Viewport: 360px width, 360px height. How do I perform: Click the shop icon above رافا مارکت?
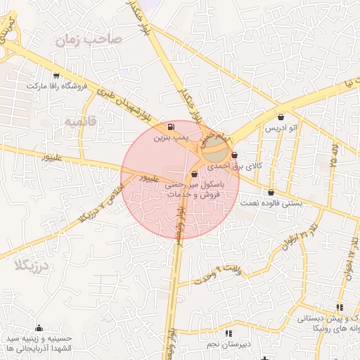click(56, 75)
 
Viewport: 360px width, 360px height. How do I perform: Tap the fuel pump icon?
click(172, 127)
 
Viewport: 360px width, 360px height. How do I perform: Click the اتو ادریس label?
click(281, 129)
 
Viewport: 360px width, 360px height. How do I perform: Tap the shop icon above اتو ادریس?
click(282, 117)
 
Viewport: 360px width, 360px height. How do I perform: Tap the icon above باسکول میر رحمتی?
click(195, 174)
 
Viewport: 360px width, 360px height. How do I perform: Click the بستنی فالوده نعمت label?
click(271, 203)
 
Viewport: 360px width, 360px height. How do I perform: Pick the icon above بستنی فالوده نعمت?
click(271, 192)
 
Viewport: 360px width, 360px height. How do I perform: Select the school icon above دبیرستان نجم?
click(227, 333)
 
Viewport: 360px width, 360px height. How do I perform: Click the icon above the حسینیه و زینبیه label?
click(39, 328)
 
